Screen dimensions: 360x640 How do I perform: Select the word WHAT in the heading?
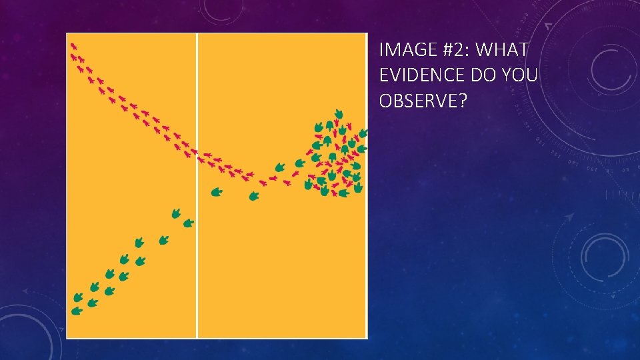tap(504, 50)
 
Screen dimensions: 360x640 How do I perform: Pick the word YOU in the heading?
tap(521, 75)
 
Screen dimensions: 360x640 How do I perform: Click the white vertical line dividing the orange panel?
tap(197, 233)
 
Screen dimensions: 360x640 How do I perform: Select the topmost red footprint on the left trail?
tap(73, 47)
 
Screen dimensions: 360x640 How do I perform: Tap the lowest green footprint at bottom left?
tap(77, 311)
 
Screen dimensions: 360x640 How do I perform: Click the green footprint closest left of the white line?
tap(189, 223)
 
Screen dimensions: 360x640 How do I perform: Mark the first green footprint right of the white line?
tap(216, 192)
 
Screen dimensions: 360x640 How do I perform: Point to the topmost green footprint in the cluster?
tap(339, 114)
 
